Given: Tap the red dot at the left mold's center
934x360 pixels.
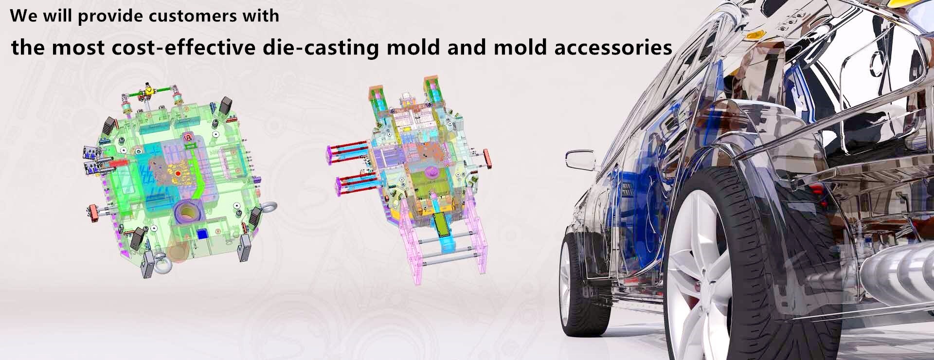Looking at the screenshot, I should coord(179,173).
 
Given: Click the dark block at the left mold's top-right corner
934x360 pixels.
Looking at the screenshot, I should coord(226,106).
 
